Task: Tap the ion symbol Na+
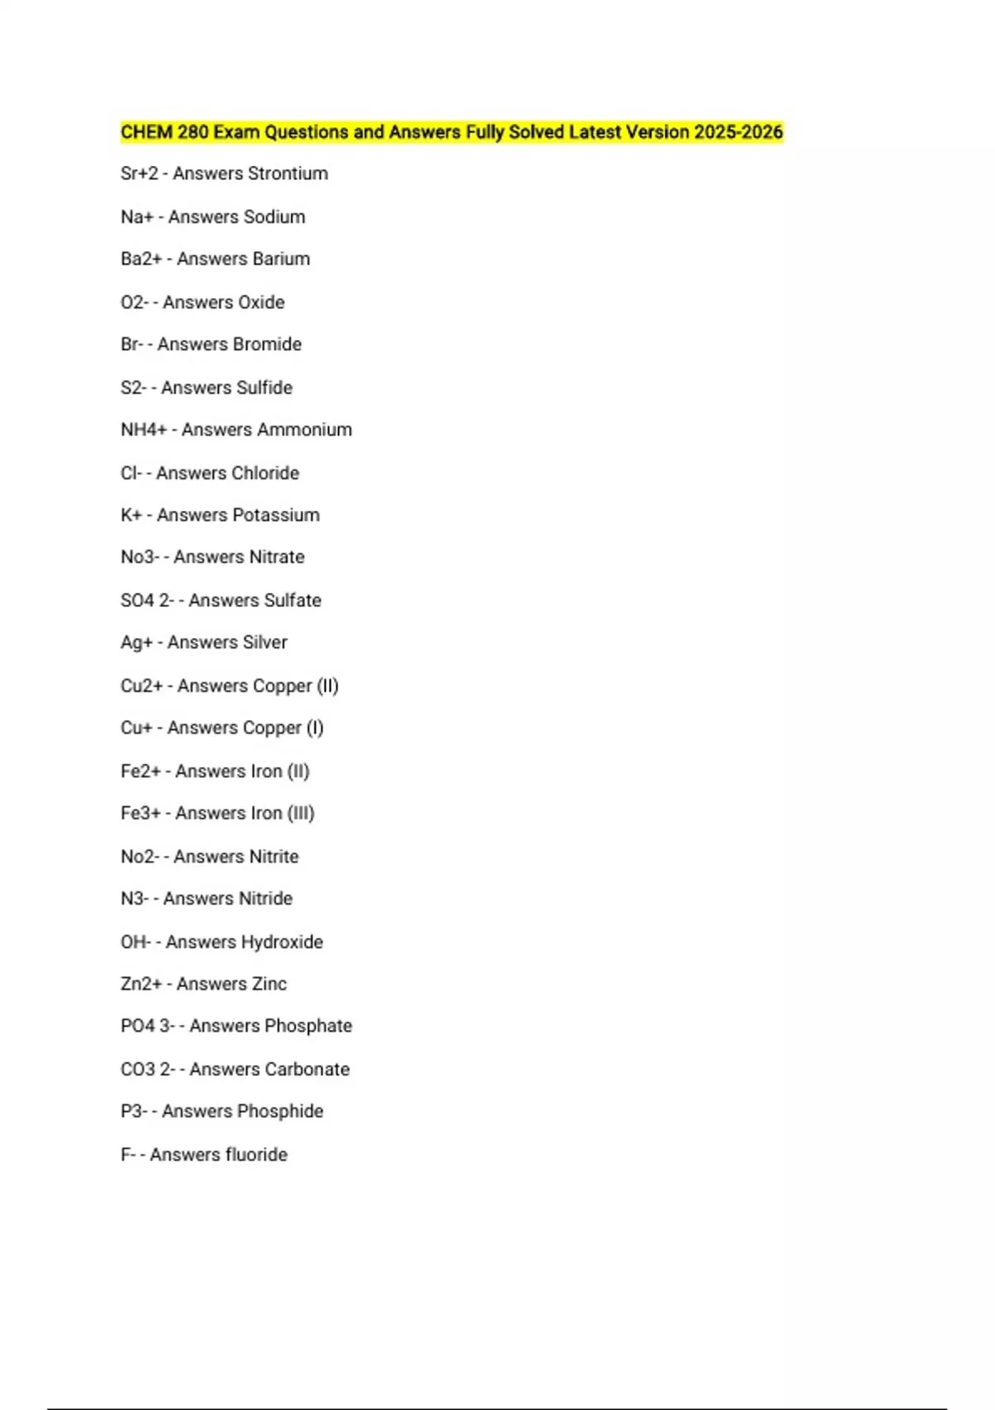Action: tap(137, 216)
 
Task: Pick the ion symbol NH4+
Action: tap(143, 430)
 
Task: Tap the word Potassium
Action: tap(279, 515)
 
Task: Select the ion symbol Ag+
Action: tap(137, 642)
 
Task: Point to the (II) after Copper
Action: tap(328, 686)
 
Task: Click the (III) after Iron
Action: tap(301, 813)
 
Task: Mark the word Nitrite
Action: tap(269, 856)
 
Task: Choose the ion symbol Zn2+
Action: tap(141, 984)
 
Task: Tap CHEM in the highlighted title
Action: tap(147, 132)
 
